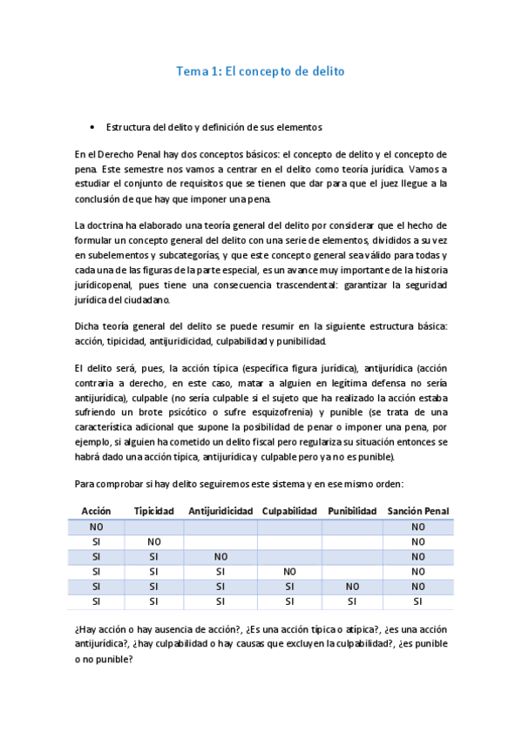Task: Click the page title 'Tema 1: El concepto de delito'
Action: coord(261,71)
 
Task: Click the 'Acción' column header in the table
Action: coord(96,511)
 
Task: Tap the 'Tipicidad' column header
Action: coord(154,511)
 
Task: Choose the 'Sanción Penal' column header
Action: coord(417,511)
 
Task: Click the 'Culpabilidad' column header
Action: coord(288,511)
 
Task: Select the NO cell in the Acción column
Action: coord(96,527)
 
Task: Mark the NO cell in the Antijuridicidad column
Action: coord(220,556)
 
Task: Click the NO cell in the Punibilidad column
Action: coord(352,586)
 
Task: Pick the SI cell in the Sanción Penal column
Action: coord(417,600)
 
